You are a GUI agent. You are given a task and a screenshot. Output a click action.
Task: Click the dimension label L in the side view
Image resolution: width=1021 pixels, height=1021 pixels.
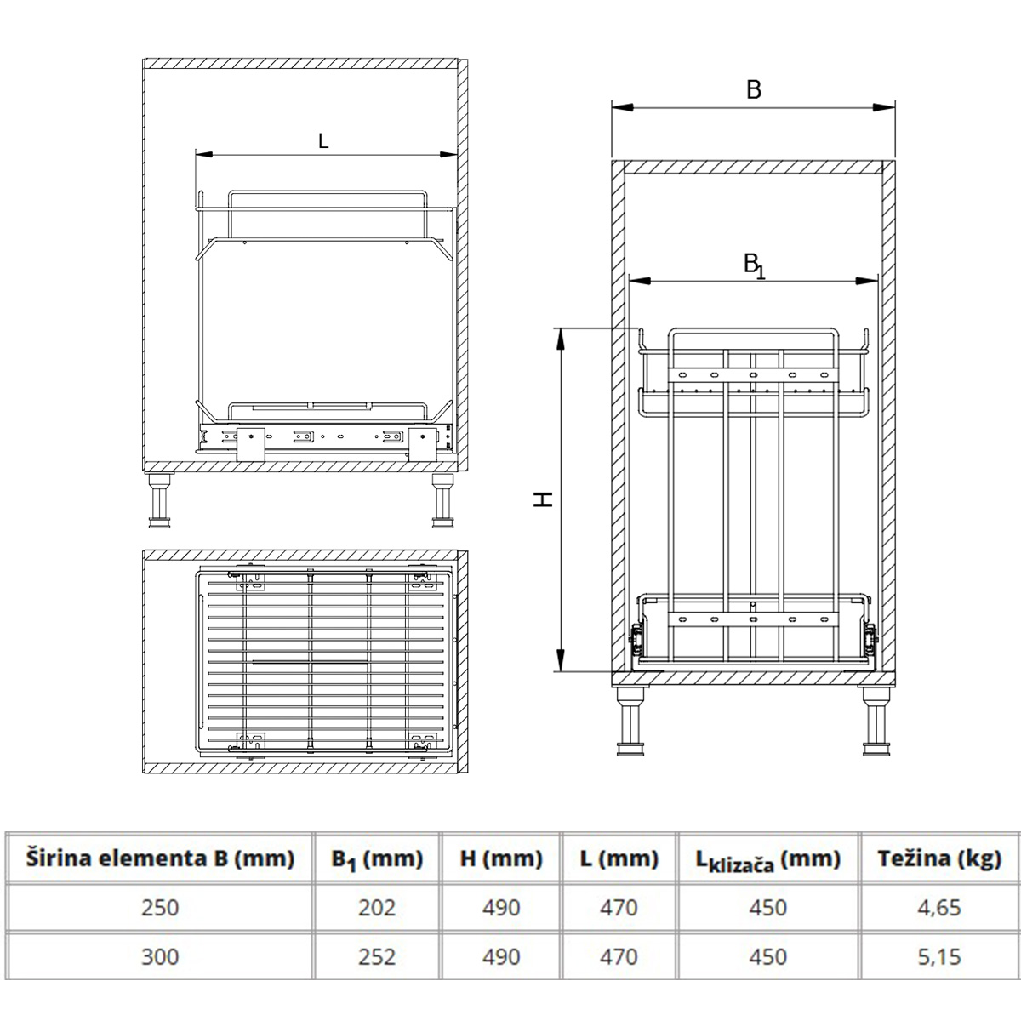pyautogui.click(x=323, y=142)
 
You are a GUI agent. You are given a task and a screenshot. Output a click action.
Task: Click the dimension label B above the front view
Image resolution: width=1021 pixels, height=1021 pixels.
pyautogui.click(x=754, y=90)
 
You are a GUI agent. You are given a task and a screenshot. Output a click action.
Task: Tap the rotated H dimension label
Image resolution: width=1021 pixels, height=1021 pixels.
pyautogui.click(x=545, y=499)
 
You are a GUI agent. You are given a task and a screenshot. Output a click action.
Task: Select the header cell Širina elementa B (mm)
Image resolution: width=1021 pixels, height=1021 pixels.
pyautogui.click(x=160, y=858)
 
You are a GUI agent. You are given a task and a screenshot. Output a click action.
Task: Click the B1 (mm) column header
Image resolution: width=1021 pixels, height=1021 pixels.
pyautogui.click(x=377, y=859)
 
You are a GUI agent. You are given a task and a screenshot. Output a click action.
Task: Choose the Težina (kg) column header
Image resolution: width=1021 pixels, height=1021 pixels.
pyautogui.click(x=938, y=858)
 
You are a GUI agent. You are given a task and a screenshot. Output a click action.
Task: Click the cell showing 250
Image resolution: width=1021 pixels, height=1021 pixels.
pyautogui.click(x=160, y=908)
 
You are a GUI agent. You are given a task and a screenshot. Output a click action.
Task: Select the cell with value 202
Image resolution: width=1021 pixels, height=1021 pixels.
pyautogui.click(x=377, y=908)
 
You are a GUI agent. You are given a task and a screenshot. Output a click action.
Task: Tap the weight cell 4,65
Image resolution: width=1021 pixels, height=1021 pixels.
pyautogui.click(x=938, y=908)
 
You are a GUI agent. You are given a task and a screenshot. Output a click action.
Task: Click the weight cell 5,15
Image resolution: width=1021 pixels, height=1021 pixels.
pyautogui.click(x=938, y=957)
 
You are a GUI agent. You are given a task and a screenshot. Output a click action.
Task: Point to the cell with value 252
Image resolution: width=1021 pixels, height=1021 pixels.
pyautogui.click(x=377, y=957)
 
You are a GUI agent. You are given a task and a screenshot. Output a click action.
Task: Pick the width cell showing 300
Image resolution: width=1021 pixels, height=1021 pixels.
pyautogui.click(x=160, y=957)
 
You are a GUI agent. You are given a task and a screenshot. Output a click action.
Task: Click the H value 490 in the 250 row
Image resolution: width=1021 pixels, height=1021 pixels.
pyautogui.click(x=501, y=908)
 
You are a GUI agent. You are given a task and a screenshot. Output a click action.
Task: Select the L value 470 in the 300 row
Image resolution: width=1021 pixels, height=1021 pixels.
pyautogui.click(x=619, y=957)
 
